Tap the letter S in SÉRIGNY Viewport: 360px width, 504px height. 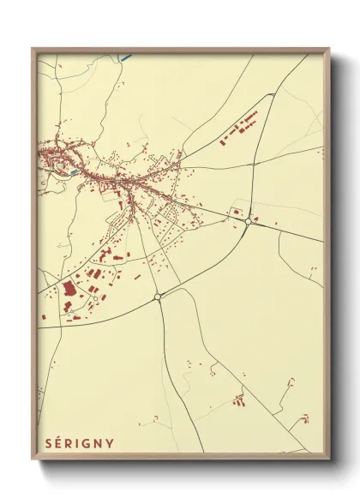click(48, 443)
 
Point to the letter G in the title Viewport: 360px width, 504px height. click(84, 443)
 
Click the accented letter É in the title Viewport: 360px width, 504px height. click(58, 443)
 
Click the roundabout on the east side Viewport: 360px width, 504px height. click(248, 221)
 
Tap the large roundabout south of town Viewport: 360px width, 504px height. click(158, 297)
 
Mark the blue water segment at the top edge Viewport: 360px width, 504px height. click(125, 57)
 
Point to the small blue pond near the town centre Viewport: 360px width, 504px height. click(75, 171)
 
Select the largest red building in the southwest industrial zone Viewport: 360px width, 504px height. click(68, 288)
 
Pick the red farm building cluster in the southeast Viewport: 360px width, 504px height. click(239, 399)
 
